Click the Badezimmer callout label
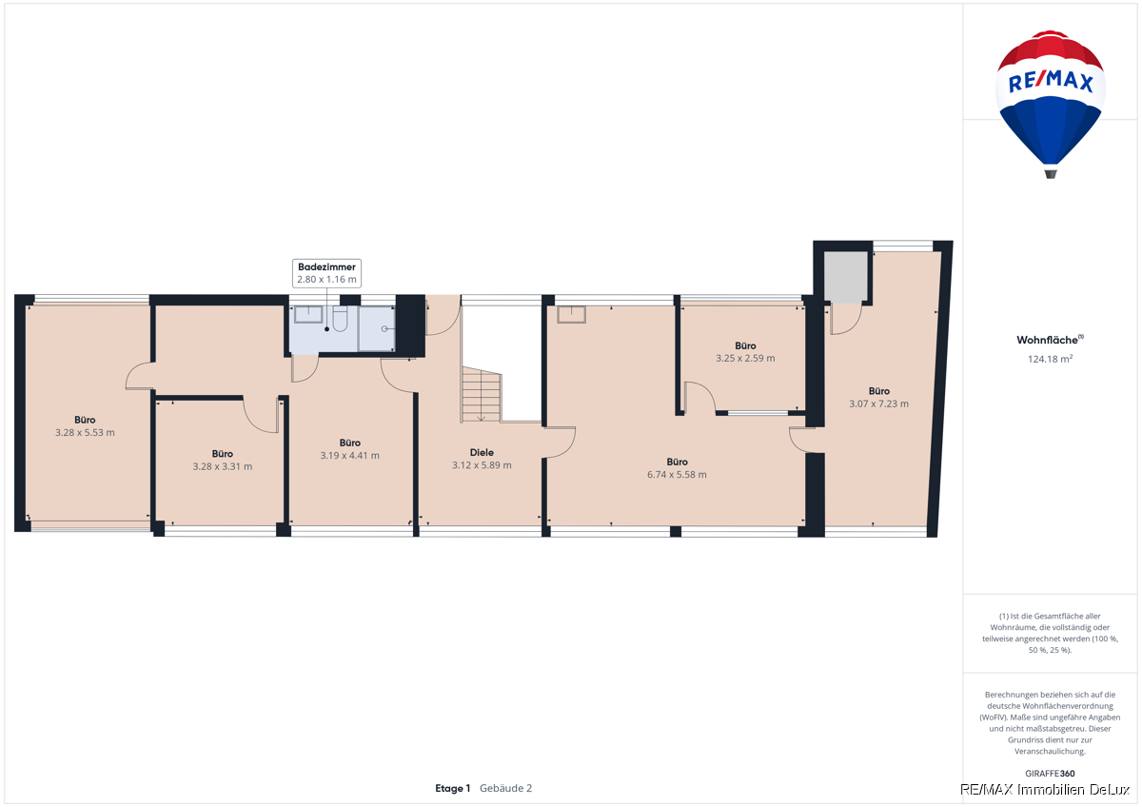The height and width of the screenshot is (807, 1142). pyautogui.click(x=326, y=273)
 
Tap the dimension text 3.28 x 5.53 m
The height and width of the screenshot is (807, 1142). pyautogui.click(x=85, y=433)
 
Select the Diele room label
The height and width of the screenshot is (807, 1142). pyautogui.click(x=482, y=453)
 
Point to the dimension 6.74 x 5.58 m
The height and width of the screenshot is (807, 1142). pyautogui.click(x=677, y=475)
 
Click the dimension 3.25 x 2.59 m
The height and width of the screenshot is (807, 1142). pyautogui.click(x=745, y=359)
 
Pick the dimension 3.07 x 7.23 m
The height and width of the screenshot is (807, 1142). pyautogui.click(x=879, y=403)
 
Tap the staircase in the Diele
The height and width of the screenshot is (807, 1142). pyautogui.click(x=482, y=395)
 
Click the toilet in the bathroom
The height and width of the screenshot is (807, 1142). pyautogui.click(x=340, y=319)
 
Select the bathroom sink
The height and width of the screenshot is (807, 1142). pyautogui.click(x=308, y=315)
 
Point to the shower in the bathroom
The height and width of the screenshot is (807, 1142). pyautogui.click(x=377, y=329)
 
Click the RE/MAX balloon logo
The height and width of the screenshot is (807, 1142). pyautogui.click(x=1051, y=105)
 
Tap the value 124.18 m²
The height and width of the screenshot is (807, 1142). pyautogui.click(x=1051, y=359)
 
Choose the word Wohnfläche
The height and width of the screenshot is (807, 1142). pyautogui.click(x=1048, y=340)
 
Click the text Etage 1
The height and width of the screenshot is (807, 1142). pyautogui.click(x=453, y=789)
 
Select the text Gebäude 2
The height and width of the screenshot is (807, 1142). pyautogui.click(x=505, y=789)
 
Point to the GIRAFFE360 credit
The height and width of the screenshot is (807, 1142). pyautogui.click(x=1051, y=774)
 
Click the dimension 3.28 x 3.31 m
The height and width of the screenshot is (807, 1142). pyautogui.click(x=223, y=466)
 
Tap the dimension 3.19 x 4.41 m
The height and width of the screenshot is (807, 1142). pyautogui.click(x=350, y=456)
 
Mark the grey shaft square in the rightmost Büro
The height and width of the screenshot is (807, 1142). pyautogui.click(x=846, y=276)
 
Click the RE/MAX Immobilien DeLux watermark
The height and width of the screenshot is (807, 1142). pyautogui.click(x=1045, y=790)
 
